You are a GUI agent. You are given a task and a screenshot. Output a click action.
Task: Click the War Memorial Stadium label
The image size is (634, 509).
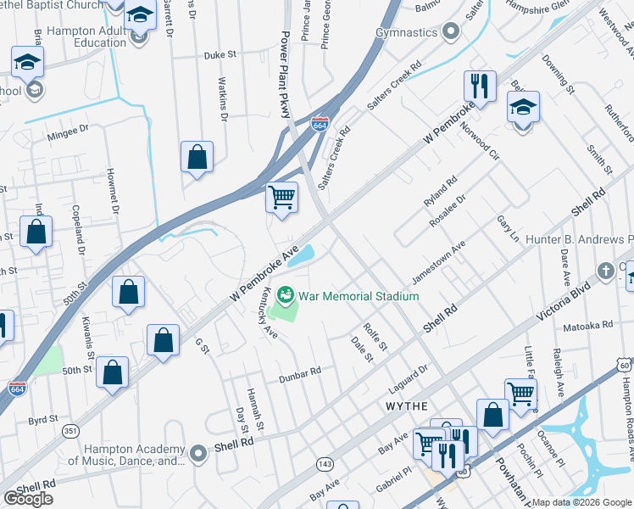click(359, 296)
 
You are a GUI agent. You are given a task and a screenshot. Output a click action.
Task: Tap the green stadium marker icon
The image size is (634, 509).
click(286, 296)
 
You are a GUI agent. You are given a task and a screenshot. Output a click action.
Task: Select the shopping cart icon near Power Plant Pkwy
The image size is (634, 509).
click(281, 199)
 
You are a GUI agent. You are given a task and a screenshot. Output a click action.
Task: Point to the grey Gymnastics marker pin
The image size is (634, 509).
click(451, 32)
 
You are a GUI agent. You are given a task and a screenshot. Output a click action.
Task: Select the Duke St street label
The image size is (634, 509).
click(220, 55)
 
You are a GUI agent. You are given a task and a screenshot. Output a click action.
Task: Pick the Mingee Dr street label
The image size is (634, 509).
click(68, 130)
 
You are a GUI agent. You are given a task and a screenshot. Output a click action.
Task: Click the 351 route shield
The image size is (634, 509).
click(71, 432)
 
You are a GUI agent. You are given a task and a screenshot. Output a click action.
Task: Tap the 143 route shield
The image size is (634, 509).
click(325, 463)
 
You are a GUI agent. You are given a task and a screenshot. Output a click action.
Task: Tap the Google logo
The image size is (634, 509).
click(29, 499)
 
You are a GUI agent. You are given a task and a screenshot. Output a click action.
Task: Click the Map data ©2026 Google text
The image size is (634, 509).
click(581, 502)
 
